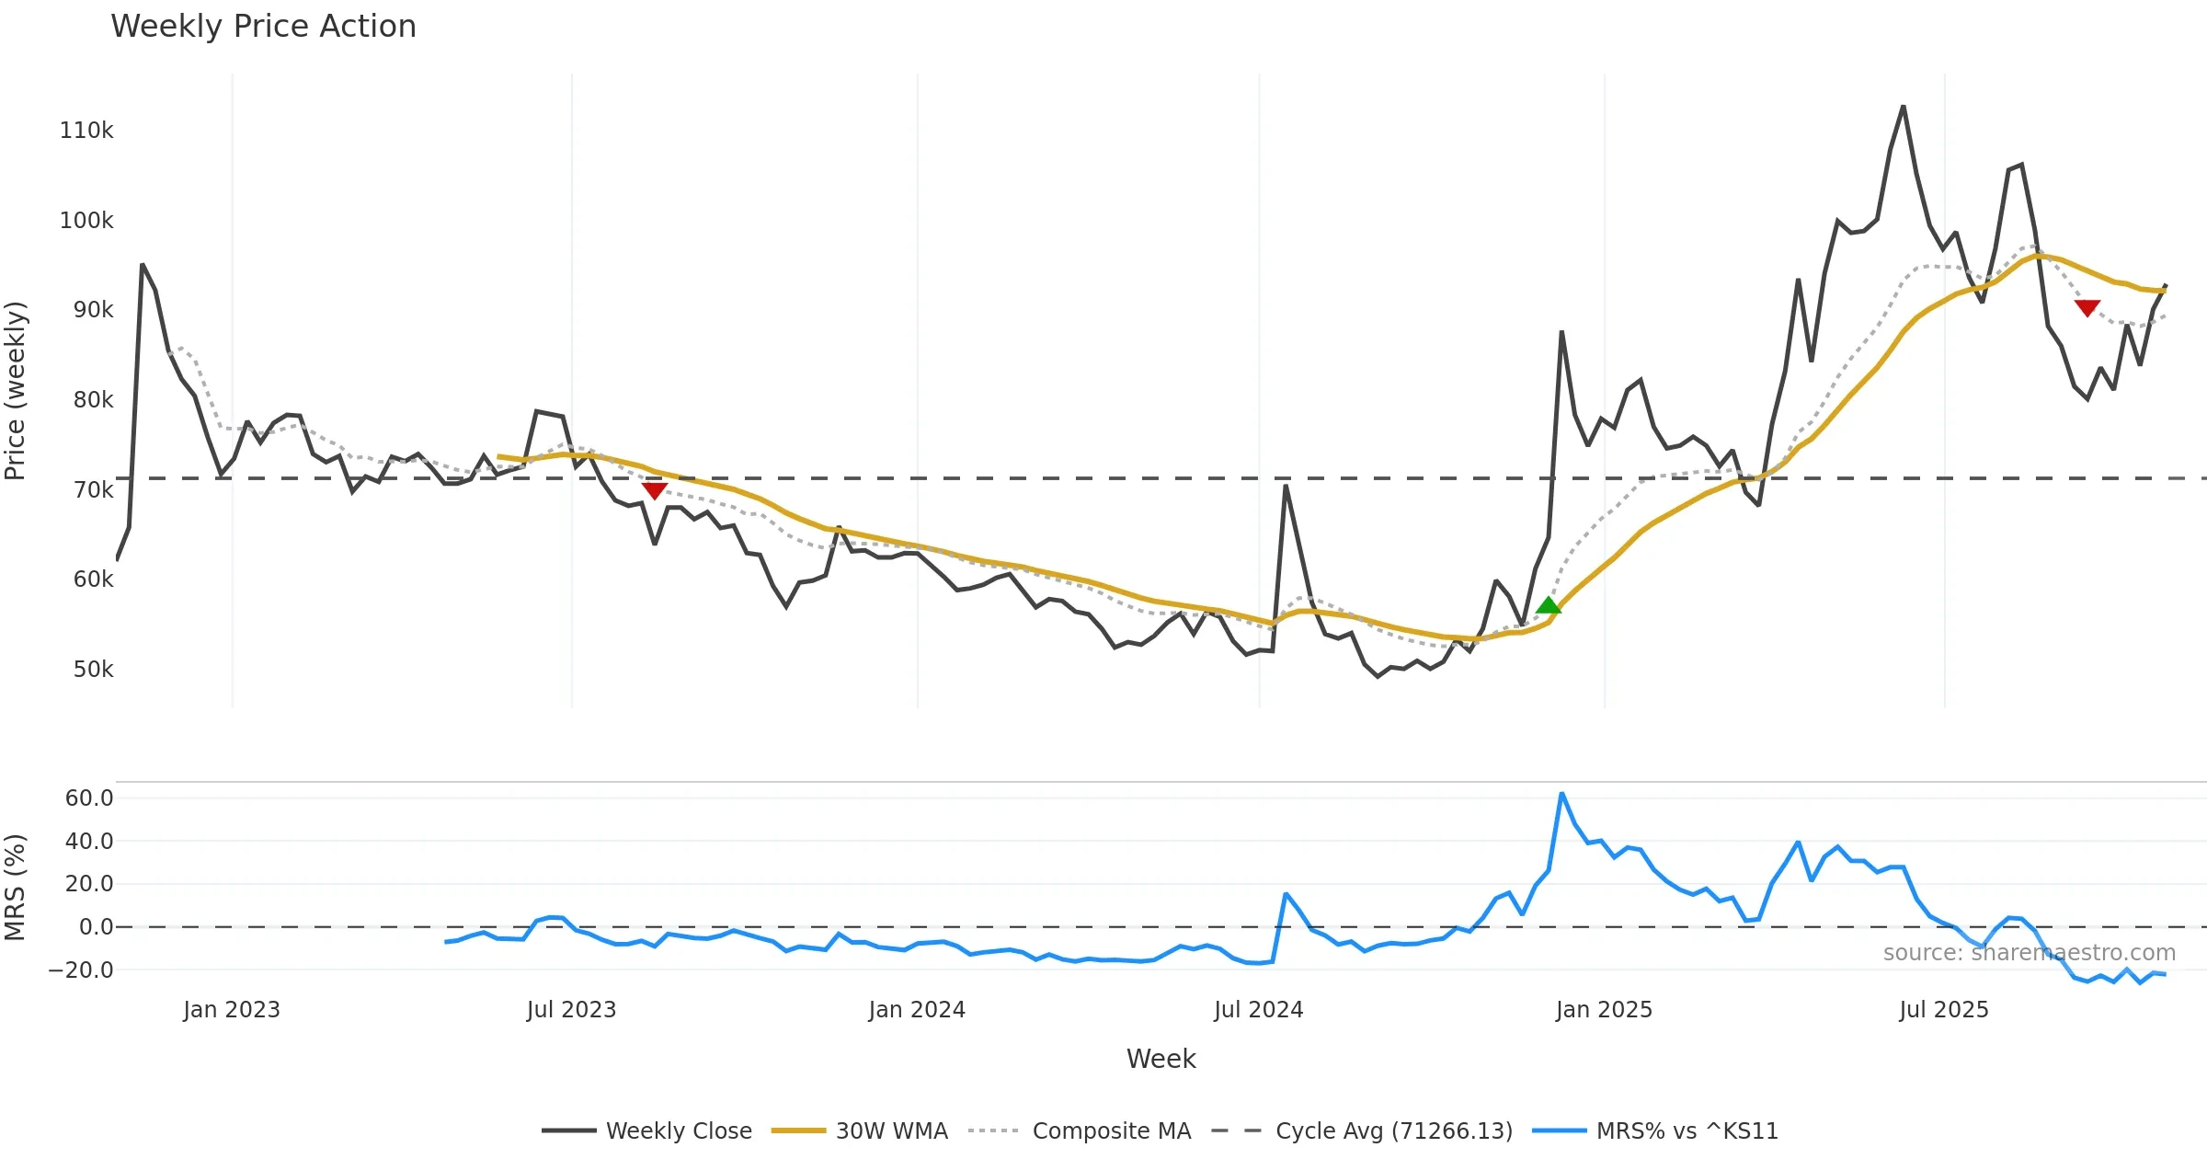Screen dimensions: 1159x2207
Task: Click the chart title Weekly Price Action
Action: coord(263,27)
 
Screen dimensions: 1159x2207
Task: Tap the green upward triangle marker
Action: coord(1549,605)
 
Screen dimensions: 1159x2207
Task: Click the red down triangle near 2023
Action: coord(654,491)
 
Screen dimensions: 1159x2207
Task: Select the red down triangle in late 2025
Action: coord(2087,308)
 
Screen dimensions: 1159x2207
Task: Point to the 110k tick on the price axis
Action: coord(86,131)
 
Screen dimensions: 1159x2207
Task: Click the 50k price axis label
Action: coord(93,670)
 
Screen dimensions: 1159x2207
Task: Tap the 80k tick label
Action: coord(93,400)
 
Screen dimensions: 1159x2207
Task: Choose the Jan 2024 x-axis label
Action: coord(917,1010)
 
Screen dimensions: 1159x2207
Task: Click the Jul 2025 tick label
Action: coord(1944,1010)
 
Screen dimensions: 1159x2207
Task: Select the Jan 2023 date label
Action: coord(232,1010)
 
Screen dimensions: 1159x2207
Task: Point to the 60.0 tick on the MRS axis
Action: coord(89,798)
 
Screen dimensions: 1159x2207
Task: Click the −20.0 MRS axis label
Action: coord(81,970)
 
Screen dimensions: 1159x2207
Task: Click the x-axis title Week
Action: coord(1161,1060)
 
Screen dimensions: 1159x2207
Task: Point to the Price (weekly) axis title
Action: coord(15,391)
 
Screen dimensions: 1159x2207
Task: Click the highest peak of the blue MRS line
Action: coord(1561,794)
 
